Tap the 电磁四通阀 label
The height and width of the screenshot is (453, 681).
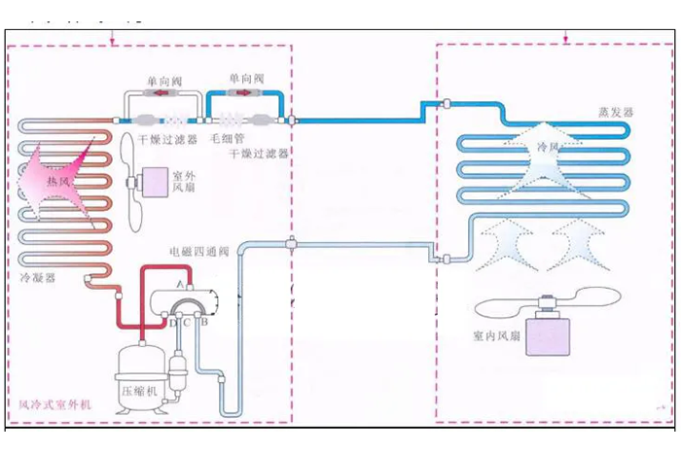[x=198, y=251]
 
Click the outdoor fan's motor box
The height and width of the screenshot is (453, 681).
[x=155, y=181]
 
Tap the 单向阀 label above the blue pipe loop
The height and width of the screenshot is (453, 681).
[x=245, y=78]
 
